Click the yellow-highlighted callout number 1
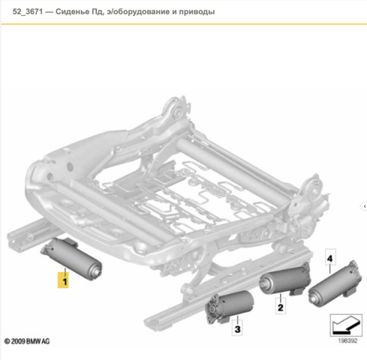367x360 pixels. (x=63, y=280)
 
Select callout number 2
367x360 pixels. (x=281, y=307)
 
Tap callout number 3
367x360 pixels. (x=237, y=329)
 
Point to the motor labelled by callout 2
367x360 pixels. (x=285, y=279)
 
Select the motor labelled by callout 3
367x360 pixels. (x=229, y=307)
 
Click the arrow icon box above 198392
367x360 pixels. (x=346, y=325)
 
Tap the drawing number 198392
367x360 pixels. (x=347, y=340)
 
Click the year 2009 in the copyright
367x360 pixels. (x=18, y=341)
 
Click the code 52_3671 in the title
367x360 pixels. (x=28, y=11)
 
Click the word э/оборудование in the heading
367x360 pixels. (x=137, y=12)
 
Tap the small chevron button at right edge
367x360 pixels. (x=365, y=206)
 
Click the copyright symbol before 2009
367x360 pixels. (x=8, y=341)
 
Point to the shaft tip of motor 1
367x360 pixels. (x=99, y=273)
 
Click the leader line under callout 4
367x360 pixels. (x=330, y=269)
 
